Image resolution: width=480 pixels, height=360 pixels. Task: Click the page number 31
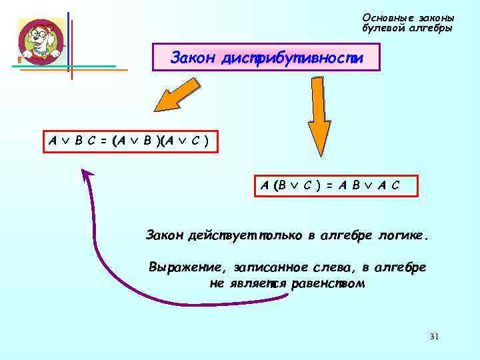434,336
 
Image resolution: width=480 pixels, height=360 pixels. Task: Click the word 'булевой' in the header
384,29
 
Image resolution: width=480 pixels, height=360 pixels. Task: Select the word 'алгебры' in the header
431,29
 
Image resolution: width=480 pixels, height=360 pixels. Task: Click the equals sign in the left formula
103,141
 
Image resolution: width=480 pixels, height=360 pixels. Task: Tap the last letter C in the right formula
397,185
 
